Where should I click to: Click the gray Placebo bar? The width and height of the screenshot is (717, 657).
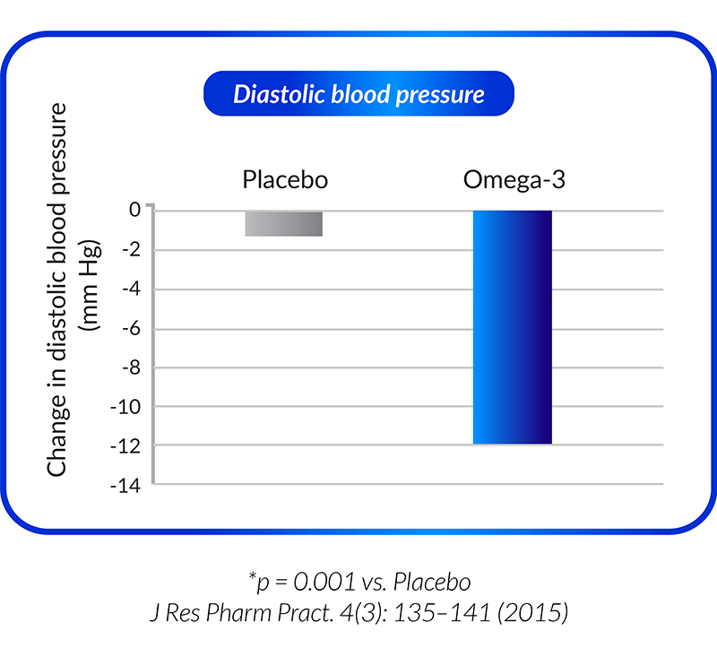click(x=283, y=223)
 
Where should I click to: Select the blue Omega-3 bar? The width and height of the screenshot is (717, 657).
click(x=512, y=327)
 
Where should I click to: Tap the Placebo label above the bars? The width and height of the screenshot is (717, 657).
click(x=285, y=179)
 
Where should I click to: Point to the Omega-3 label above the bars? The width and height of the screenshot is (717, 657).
click(x=514, y=179)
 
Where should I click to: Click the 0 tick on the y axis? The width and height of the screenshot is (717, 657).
click(x=135, y=210)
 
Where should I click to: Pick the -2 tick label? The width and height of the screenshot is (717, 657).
click(x=132, y=250)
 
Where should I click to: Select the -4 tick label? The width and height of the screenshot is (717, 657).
click(x=132, y=290)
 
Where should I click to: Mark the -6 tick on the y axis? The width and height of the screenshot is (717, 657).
click(x=132, y=329)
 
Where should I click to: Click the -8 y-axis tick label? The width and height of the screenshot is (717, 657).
click(x=132, y=367)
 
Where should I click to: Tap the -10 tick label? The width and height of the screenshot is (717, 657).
click(x=126, y=406)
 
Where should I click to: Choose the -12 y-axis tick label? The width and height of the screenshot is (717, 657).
click(x=126, y=445)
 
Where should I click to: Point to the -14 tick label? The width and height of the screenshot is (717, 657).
click(x=126, y=486)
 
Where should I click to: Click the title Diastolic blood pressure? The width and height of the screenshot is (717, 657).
click(x=359, y=94)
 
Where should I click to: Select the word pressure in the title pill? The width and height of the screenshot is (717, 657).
click(x=440, y=96)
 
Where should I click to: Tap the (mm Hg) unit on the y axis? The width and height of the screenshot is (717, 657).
click(x=91, y=284)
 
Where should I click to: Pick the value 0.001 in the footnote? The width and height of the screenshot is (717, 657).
click(x=324, y=582)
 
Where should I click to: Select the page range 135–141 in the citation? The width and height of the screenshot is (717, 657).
click(x=442, y=613)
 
